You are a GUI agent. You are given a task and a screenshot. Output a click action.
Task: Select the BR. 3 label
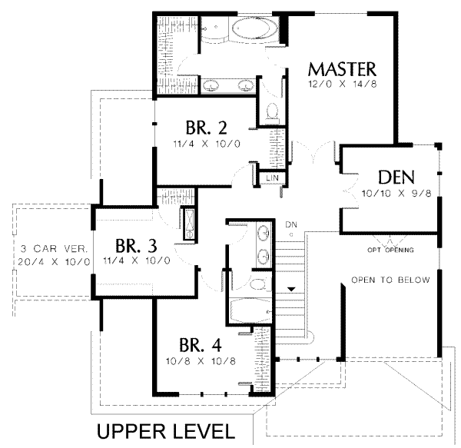tap(137, 246)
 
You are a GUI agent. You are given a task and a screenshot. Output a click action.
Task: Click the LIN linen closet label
tap(272, 178)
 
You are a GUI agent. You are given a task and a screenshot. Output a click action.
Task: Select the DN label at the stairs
tap(290, 224)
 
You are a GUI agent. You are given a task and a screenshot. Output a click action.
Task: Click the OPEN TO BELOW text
tap(390, 280)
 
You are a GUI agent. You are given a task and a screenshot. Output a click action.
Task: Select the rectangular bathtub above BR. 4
tap(250, 309)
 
